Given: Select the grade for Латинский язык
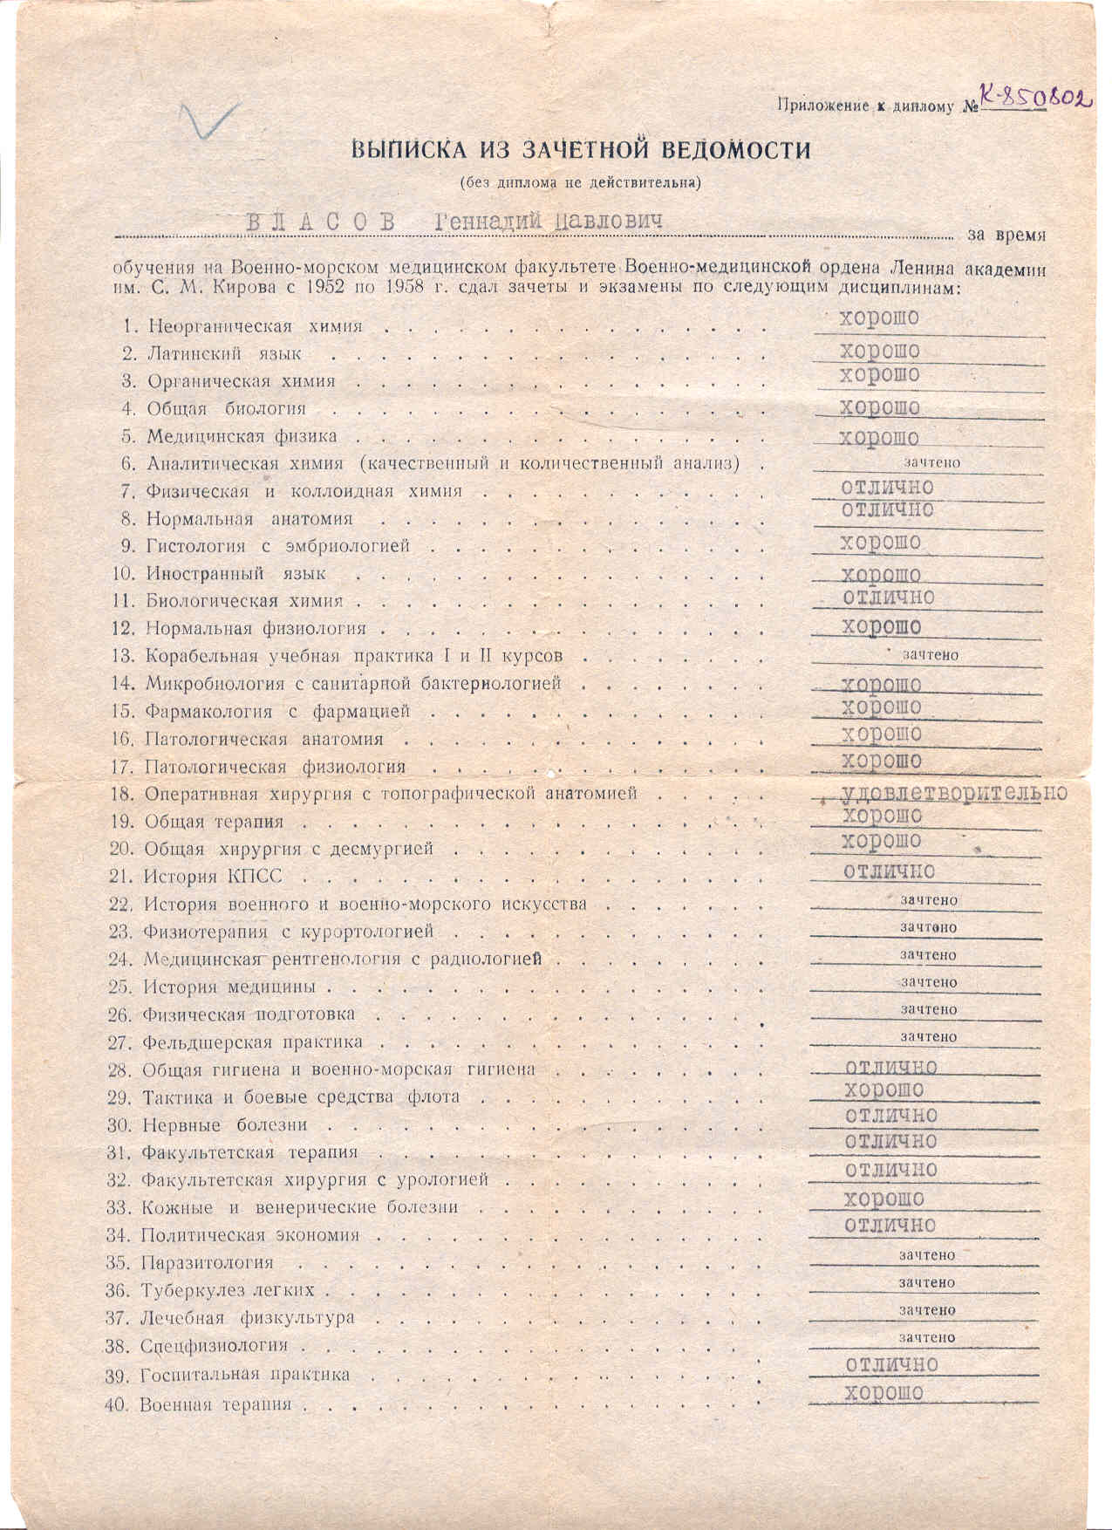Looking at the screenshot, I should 879,351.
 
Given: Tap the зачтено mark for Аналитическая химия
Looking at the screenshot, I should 932,462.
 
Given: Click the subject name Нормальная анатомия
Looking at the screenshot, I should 249,519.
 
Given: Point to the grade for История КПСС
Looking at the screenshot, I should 888,871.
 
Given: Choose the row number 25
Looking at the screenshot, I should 119,987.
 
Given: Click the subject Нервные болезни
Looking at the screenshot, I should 224,1125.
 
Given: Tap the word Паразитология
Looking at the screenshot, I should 207,1262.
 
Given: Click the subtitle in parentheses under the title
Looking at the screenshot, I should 580,183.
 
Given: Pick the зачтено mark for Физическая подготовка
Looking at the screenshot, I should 928,1009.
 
